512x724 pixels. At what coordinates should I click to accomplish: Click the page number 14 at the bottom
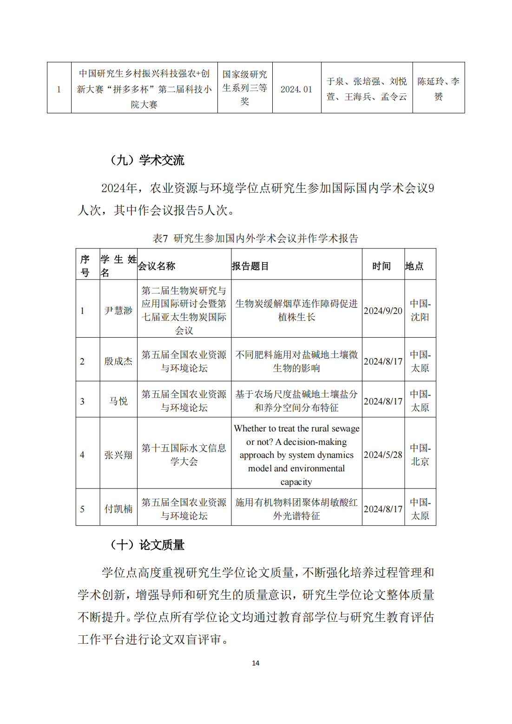click(256, 663)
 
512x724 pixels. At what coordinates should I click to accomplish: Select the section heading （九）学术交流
click(147, 160)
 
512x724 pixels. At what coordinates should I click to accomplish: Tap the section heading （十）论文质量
click(147, 545)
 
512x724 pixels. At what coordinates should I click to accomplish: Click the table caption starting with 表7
click(256, 238)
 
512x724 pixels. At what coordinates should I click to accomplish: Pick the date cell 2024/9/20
click(383, 311)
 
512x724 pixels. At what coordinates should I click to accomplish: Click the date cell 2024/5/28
click(383, 455)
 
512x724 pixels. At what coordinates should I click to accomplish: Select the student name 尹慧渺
click(118, 311)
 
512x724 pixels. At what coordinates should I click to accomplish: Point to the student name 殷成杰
click(118, 361)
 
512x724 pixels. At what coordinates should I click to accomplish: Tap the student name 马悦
click(118, 401)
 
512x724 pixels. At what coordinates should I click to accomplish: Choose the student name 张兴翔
click(118, 455)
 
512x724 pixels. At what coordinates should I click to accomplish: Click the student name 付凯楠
click(118, 509)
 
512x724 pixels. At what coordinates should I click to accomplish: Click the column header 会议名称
click(157, 266)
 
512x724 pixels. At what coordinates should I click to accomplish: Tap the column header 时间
click(381, 266)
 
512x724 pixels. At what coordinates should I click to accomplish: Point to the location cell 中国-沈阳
click(420, 310)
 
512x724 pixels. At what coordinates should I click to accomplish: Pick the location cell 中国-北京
click(420, 455)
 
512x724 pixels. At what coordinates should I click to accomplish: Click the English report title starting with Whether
click(296, 455)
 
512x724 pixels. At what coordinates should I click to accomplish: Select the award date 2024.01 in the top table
click(296, 89)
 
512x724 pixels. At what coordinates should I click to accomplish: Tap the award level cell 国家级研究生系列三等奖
click(245, 88)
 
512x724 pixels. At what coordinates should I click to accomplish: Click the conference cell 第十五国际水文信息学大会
click(184, 455)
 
